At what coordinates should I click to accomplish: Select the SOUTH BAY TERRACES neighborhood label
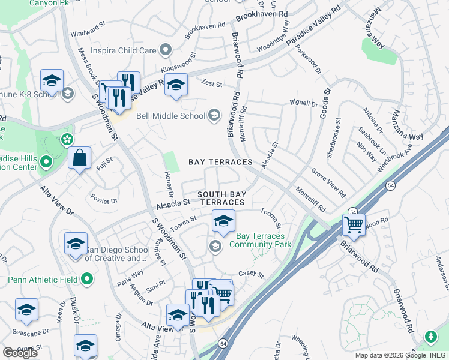coord(221,199)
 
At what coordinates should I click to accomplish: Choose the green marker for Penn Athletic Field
coord(88,279)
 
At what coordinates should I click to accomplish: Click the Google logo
coord(20,352)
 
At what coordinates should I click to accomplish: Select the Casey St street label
coord(252,274)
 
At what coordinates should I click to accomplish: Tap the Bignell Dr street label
coord(303,104)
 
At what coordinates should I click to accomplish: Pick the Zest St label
coord(212,84)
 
